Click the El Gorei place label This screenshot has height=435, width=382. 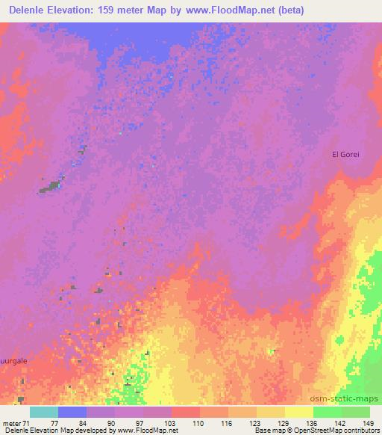click(x=345, y=155)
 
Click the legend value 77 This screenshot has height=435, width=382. click(x=72, y=423)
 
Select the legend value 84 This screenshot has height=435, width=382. click(x=101, y=423)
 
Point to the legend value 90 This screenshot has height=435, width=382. click(x=129, y=423)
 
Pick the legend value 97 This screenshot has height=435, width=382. click(x=157, y=423)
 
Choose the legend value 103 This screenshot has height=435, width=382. click(x=186, y=423)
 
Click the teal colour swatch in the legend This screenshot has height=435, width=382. click(x=44, y=413)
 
